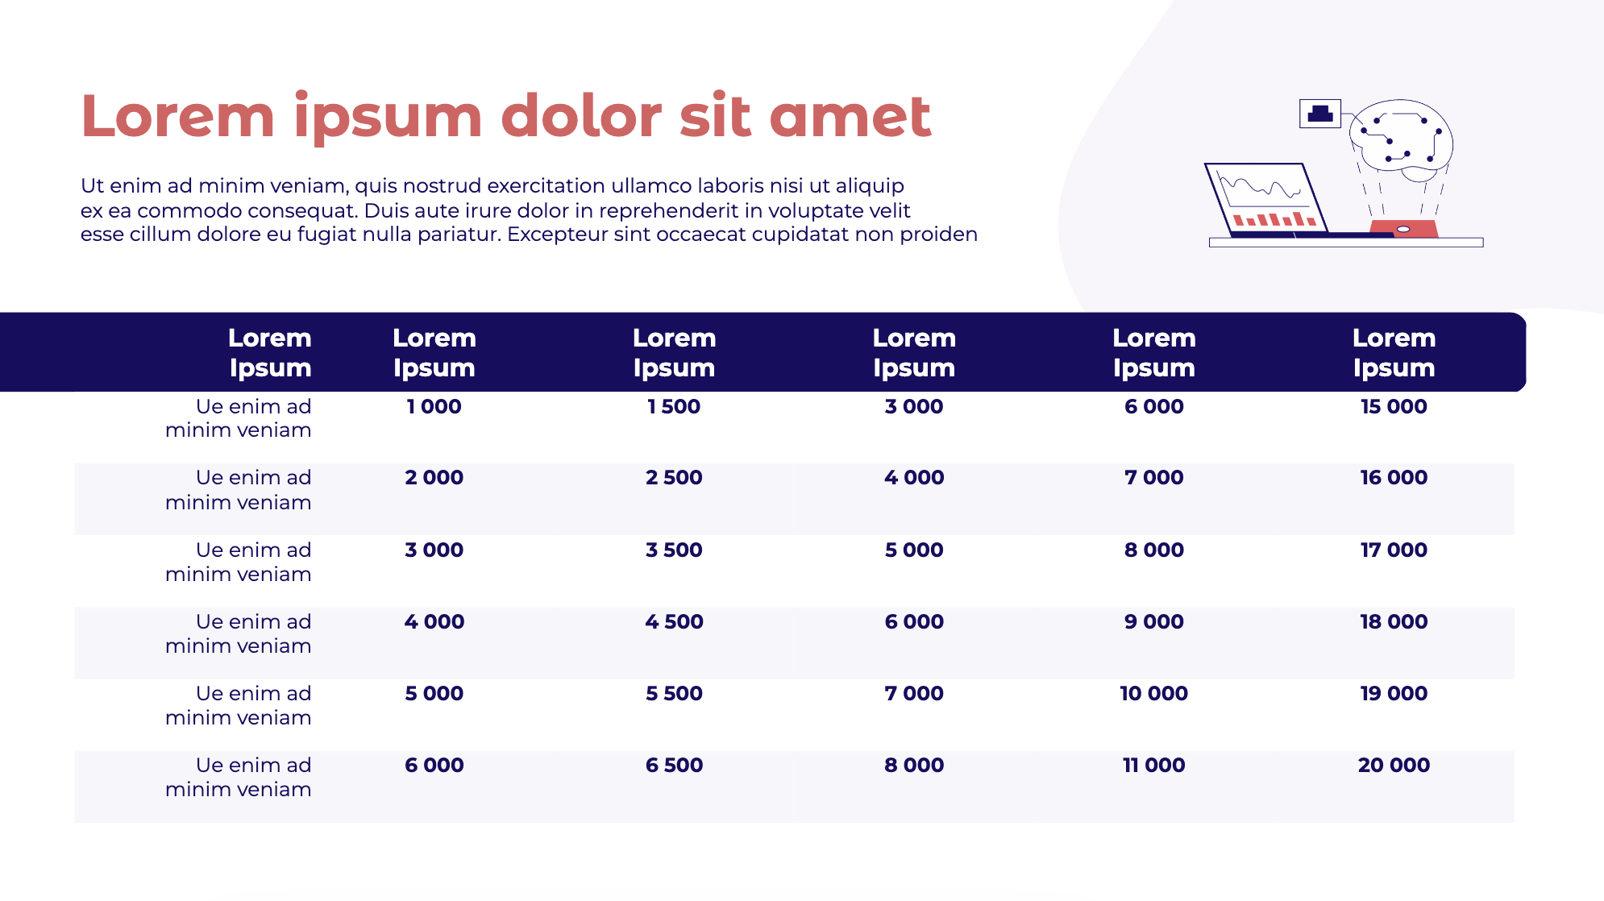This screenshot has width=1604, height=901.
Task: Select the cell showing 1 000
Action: [434, 406]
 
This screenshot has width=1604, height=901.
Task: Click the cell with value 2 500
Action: [674, 477]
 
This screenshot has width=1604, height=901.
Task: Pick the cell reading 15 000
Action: [1394, 406]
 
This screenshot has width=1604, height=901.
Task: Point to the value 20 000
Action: [1394, 765]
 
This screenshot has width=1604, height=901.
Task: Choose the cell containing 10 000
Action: [1153, 693]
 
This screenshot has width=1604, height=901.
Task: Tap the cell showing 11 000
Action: [1153, 765]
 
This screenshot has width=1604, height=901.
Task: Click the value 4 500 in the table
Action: [674, 621]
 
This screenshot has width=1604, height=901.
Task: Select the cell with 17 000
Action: [1394, 550]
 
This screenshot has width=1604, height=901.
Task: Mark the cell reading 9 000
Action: [1153, 621]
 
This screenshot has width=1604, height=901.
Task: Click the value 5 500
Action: [674, 693]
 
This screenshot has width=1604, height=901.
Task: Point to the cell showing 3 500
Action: [674, 550]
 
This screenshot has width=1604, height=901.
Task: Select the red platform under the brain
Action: [1403, 229]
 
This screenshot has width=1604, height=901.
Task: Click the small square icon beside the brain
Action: [1320, 114]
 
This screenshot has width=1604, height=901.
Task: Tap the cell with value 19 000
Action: [1394, 693]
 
